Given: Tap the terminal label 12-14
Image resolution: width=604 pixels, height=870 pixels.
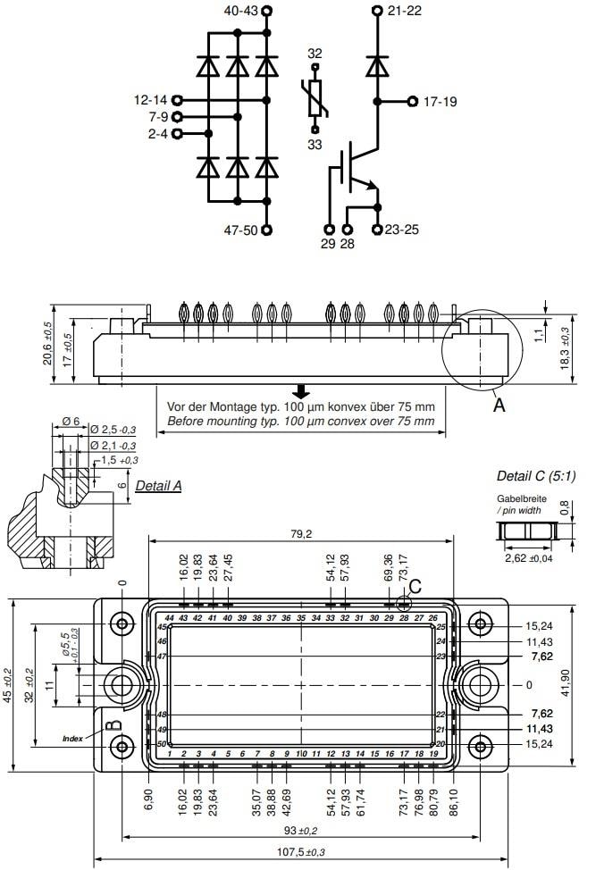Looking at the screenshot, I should point(150,100).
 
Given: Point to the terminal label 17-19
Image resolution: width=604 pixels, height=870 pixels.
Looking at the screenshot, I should point(439,102).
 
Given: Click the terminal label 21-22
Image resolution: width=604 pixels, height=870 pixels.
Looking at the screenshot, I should point(404,11).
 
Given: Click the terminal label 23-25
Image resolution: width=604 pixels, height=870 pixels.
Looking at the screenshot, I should point(401,230).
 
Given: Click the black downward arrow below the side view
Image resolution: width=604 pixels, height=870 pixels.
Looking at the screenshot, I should point(302,391).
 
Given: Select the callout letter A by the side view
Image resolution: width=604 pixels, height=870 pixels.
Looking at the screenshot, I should point(499,405).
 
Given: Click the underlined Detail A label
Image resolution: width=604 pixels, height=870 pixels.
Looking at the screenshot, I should point(158,486).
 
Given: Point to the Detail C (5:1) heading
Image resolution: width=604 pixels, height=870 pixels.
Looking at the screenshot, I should point(536,475).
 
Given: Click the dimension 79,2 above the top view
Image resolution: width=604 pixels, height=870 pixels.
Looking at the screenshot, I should point(300,534).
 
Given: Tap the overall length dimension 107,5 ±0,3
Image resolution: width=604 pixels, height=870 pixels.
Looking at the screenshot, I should point(300,852).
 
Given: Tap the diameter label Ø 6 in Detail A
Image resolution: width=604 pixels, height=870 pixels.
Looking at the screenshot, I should point(71,421).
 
